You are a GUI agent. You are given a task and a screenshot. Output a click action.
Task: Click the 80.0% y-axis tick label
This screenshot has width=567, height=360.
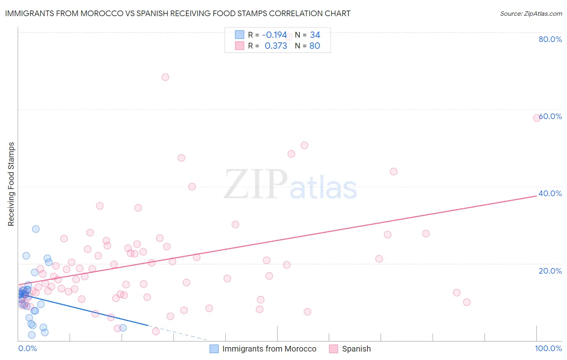550,39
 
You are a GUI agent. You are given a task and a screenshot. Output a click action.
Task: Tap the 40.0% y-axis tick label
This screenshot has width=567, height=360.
550,193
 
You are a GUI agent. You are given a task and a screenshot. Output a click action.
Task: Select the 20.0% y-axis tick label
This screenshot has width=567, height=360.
550,271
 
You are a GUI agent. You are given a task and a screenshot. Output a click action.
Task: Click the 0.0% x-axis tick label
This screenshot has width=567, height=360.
27,348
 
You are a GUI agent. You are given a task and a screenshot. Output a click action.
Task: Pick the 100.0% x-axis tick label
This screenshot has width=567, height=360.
548,348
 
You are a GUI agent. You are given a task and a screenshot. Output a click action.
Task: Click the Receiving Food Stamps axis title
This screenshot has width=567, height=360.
11,184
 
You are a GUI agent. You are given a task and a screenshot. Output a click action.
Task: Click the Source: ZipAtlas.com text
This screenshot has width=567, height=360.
531,13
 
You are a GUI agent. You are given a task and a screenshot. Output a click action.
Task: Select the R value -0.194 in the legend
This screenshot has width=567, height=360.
274,35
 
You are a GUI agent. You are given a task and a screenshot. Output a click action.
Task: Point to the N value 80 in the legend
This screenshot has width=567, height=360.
315,46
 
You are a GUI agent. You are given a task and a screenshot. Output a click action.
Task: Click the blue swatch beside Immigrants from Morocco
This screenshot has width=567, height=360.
214,349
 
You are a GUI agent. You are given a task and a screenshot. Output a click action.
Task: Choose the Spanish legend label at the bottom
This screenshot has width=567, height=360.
356,349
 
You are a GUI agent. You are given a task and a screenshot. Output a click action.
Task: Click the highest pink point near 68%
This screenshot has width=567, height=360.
165,77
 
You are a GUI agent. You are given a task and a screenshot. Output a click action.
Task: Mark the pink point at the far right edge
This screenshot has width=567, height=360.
537,118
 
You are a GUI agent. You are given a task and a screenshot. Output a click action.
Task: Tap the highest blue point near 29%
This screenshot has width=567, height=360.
36,229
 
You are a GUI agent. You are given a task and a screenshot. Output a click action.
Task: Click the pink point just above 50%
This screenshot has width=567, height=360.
304,145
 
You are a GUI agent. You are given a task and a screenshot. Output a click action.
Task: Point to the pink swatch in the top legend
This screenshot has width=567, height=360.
240,46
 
